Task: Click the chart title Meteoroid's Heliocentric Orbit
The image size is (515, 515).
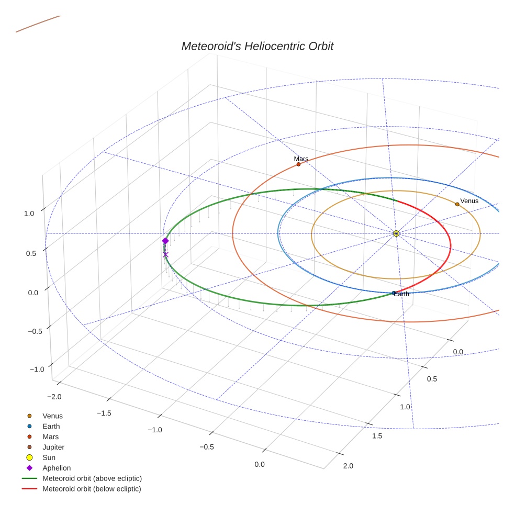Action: (x=257, y=46)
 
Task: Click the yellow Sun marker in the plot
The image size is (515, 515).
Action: (x=396, y=233)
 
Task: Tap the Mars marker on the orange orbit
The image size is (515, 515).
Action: (x=298, y=164)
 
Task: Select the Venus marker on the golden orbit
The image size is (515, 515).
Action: (x=457, y=204)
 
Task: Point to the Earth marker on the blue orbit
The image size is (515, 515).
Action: (x=394, y=293)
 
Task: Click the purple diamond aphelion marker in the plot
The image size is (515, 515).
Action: (x=165, y=241)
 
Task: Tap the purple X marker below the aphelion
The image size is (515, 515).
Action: (x=165, y=254)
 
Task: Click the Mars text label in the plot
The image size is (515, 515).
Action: (x=301, y=159)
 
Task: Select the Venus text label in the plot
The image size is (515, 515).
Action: (x=469, y=200)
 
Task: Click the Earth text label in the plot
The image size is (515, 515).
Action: (x=402, y=294)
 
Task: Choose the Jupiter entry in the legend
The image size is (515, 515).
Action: (x=53, y=447)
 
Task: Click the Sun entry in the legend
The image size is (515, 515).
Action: (x=49, y=457)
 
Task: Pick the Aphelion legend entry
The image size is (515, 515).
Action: (x=57, y=468)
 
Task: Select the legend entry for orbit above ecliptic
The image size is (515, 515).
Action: (x=92, y=478)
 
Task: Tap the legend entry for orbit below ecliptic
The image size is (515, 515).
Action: (x=92, y=489)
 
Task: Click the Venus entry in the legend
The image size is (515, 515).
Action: (x=52, y=416)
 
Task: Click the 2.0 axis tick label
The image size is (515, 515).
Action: (x=348, y=466)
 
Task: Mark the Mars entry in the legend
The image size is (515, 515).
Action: (x=50, y=436)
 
